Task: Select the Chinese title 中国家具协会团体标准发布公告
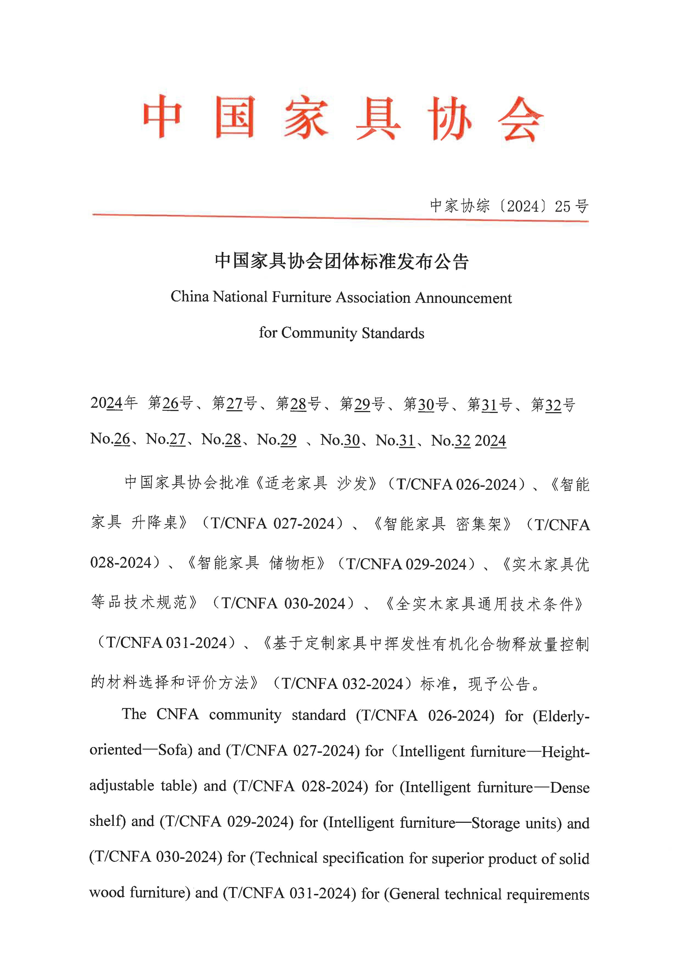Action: (x=341, y=261)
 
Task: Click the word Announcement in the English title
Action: (x=463, y=298)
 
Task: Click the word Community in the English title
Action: (x=319, y=333)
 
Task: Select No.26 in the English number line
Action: (x=110, y=439)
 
